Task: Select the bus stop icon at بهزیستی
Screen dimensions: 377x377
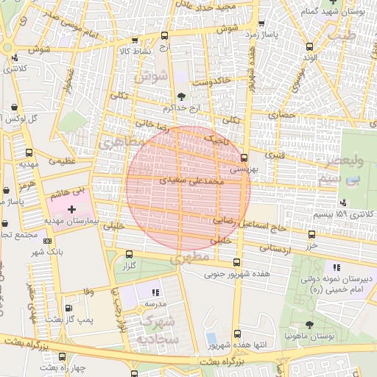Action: (x=244, y=158)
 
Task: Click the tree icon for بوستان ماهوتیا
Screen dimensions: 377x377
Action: (x=309, y=325)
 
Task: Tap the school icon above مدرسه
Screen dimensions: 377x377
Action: (x=155, y=292)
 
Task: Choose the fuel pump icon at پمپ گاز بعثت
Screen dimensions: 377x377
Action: (x=68, y=309)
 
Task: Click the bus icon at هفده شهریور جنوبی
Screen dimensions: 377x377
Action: (x=236, y=263)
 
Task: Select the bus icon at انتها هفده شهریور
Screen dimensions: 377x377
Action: (x=236, y=334)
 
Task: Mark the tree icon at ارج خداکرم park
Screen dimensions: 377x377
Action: (x=181, y=96)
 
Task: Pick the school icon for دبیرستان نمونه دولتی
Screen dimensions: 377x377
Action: (x=337, y=267)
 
